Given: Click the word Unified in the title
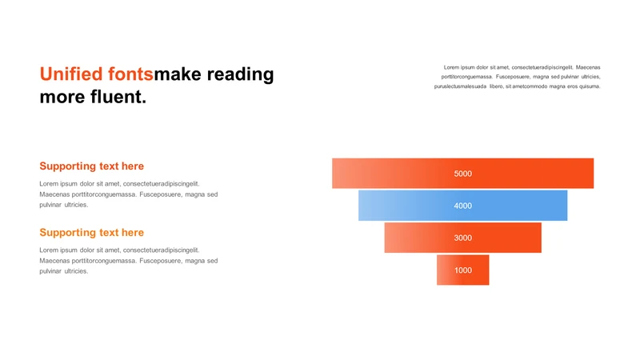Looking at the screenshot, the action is click(x=71, y=74).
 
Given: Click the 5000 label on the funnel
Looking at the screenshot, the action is click(x=463, y=174).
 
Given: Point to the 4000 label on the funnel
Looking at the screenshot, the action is click(x=463, y=206).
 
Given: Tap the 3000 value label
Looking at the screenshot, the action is click(x=463, y=238).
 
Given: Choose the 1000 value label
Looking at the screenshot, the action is click(x=463, y=270).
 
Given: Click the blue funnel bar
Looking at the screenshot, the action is click(x=463, y=206).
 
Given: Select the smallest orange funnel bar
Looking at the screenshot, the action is click(x=463, y=270).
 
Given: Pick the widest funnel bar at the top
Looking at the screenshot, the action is click(x=463, y=173).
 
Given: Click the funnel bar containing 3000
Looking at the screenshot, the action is click(x=463, y=238).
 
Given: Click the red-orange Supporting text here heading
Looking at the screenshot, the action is click(x=92, y=166).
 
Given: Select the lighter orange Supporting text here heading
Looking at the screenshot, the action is click(x=92, y=233).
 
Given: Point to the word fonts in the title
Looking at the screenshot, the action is click(x=130, y=74).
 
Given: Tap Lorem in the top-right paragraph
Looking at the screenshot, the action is click(x=451, y=67).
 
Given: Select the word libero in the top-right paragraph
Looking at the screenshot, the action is click(x=496, y=86).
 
